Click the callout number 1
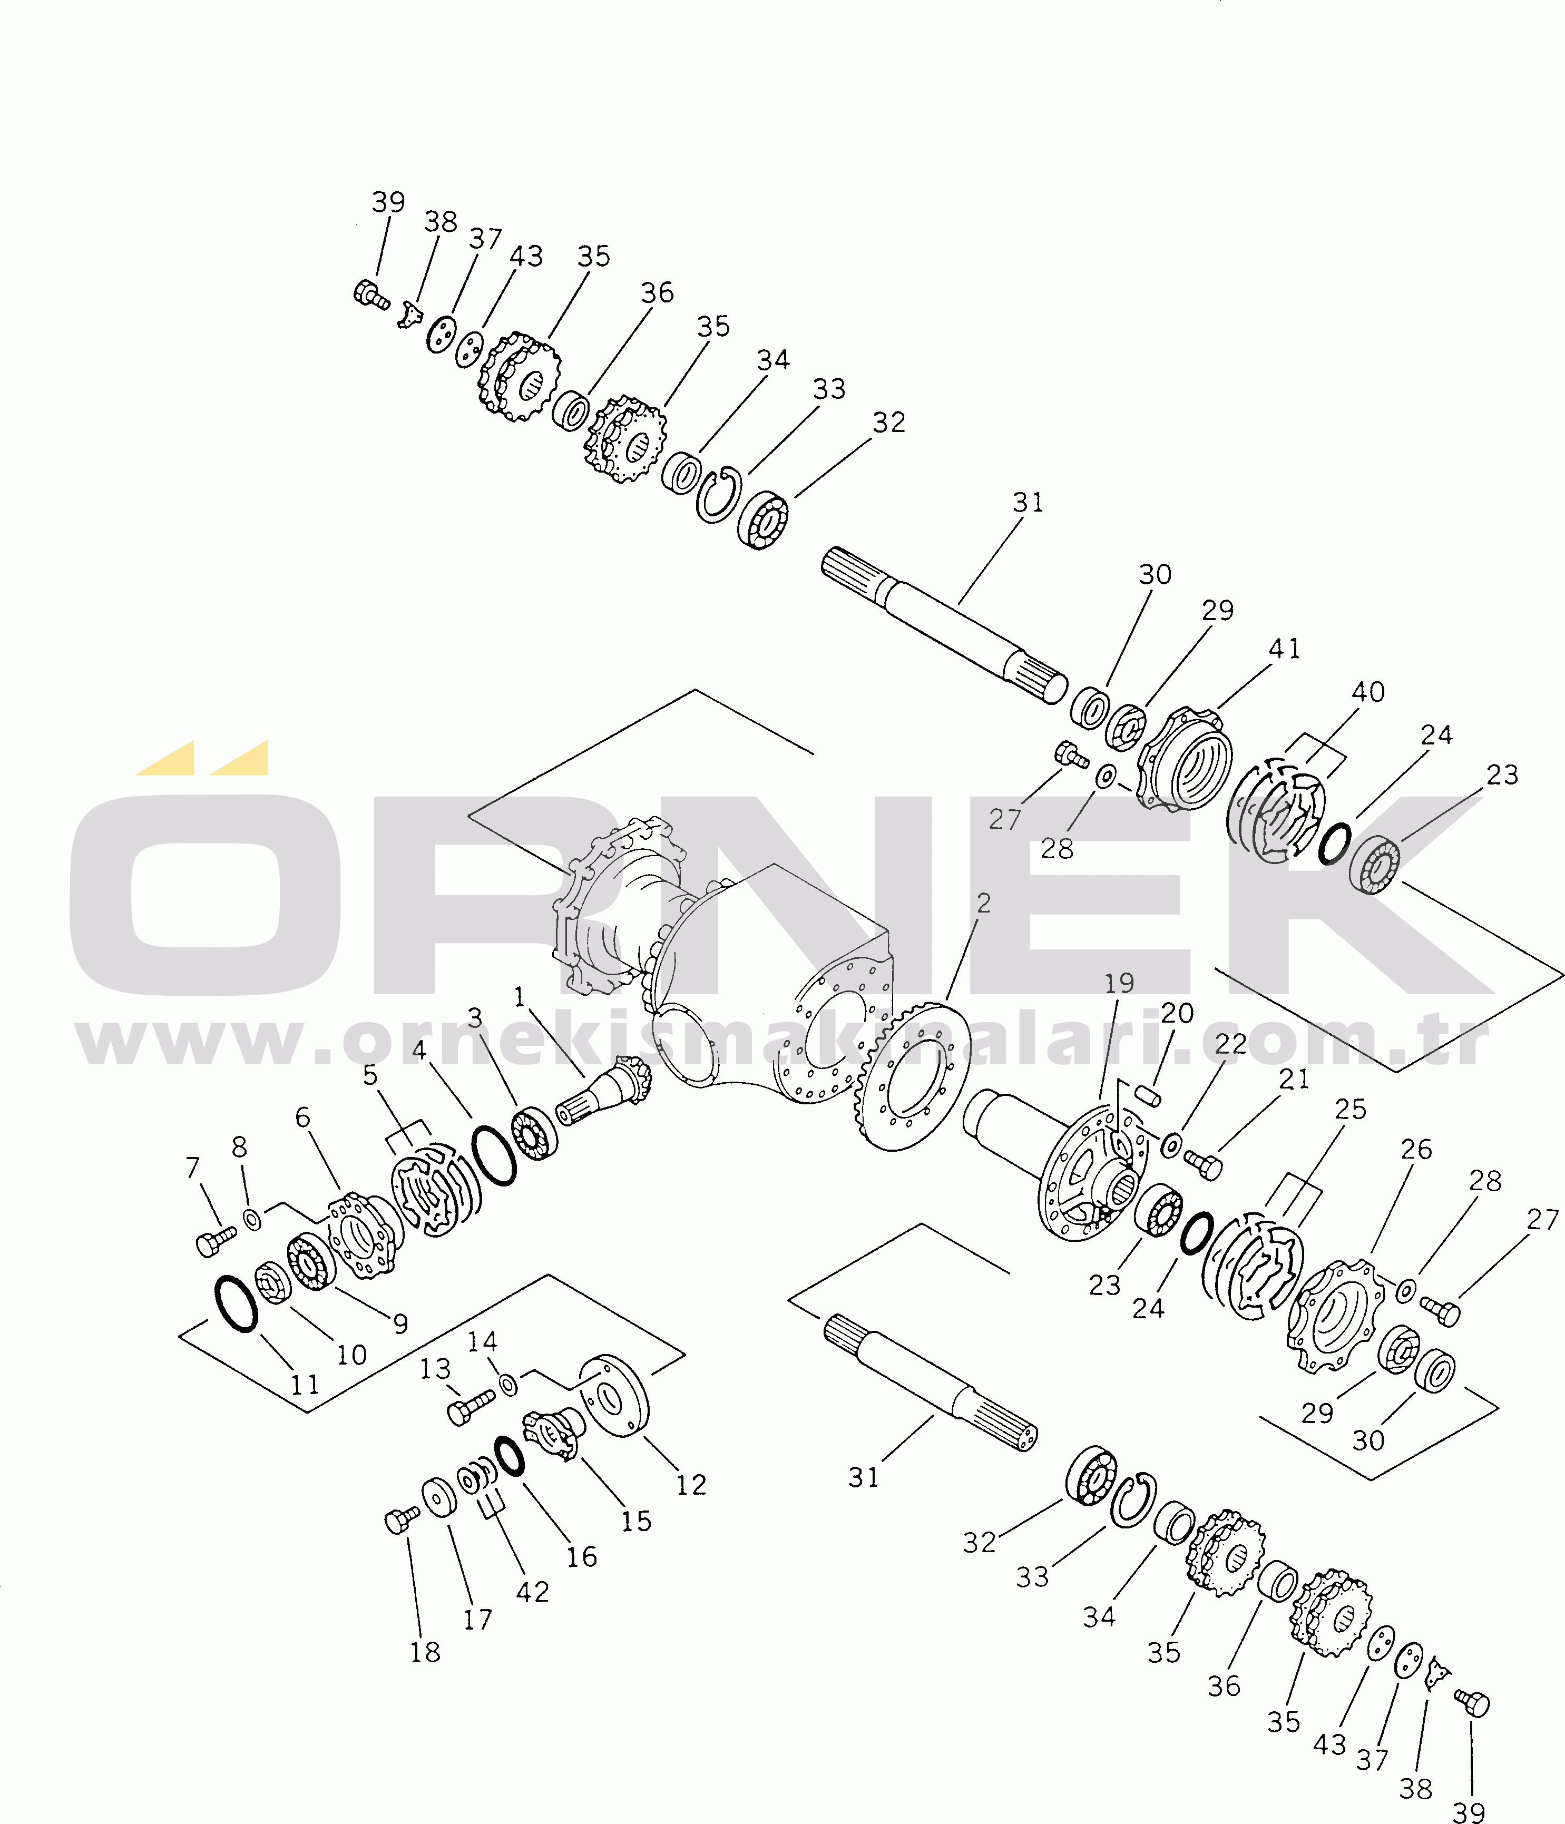coord(520,997)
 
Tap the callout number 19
coord(1119,983)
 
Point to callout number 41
coord(1284,648)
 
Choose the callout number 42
coord(533,1592)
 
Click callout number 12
coord(691,1485)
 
